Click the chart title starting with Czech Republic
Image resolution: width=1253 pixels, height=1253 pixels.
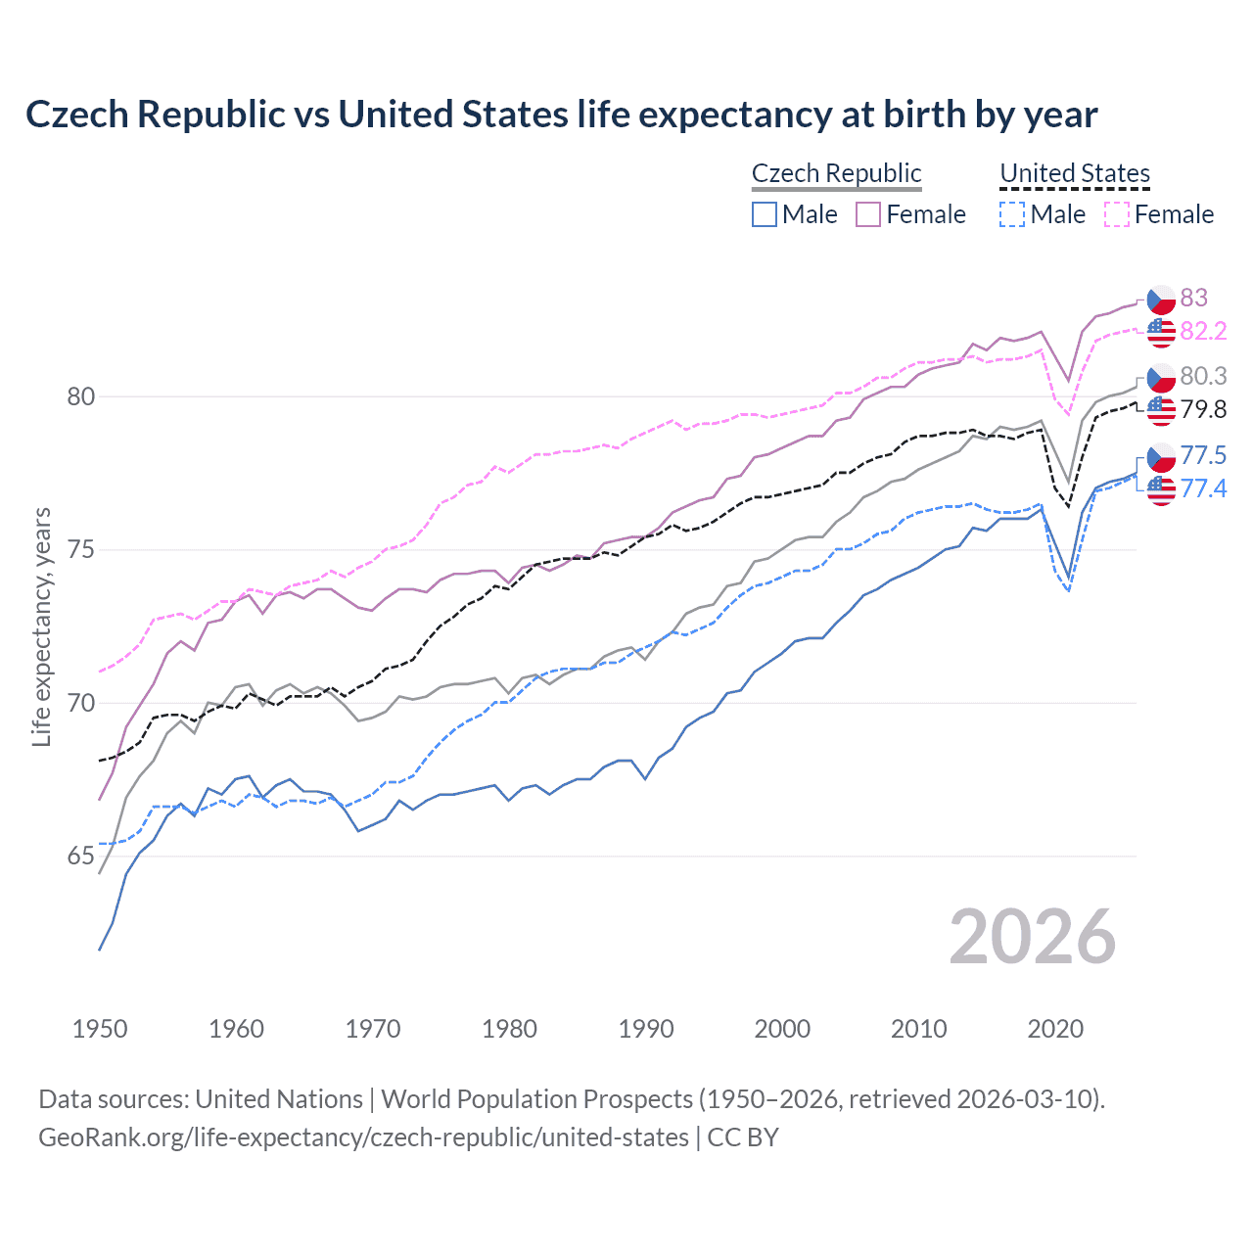pos(561,115)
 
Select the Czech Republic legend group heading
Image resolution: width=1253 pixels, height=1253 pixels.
pos(836,173)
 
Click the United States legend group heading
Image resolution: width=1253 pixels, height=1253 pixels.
pos(1074,173)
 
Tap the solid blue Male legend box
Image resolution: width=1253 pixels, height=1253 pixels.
pos(765,214)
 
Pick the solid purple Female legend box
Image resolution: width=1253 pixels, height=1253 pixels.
pos(868,214)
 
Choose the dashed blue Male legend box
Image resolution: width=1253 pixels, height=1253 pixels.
pos(1012,214)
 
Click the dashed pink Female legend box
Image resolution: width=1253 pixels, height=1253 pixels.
pos(1117,214)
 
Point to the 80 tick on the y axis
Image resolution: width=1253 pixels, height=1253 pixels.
pos(80,396)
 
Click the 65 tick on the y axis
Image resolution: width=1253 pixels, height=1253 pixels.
pos(80,857)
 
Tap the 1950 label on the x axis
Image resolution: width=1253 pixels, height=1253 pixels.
pos(100,1029)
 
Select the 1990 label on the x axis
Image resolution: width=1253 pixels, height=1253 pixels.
pos(646,1029)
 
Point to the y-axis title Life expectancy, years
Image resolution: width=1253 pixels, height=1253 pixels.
pos(41,626)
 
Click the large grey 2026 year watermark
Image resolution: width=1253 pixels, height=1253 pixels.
pos(1032,937)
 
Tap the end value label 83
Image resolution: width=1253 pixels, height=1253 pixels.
pos(1193,298)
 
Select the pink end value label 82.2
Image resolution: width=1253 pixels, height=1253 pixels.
pos(1203,331)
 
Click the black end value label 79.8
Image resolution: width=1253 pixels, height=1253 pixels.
pos(1203,409)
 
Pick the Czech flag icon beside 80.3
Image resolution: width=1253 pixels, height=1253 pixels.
pos(1161,377)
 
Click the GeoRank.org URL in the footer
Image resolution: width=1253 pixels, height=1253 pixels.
pos(363,1137)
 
